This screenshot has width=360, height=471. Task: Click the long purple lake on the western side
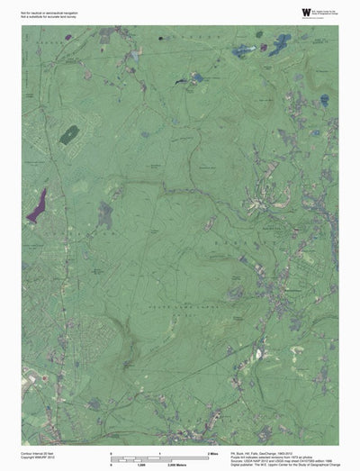[37, 206]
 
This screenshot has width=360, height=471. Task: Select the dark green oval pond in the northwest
[68, 135]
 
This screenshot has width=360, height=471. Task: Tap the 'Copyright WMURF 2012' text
[38, 459]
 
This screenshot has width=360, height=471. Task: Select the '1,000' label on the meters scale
[166, 466]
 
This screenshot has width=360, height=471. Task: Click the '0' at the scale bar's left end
[111, 453]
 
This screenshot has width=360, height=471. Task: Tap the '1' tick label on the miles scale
[161, 453]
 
